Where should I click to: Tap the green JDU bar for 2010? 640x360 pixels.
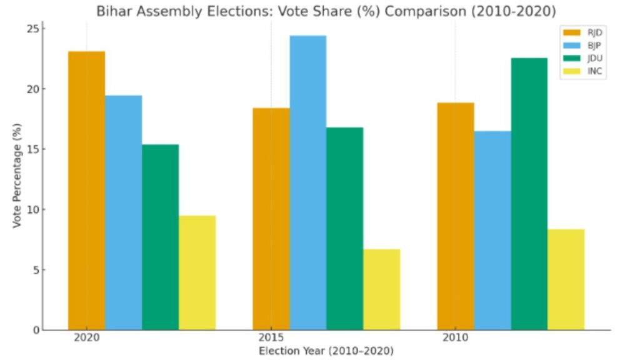coord(529,194)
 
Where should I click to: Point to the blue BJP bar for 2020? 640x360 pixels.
coord(123,212)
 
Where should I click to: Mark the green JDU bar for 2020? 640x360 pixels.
coord(160,237)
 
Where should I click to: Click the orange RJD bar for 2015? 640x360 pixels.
coord(271,219)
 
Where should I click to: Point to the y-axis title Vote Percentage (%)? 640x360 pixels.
coord(17,176)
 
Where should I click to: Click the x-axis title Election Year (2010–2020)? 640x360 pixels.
coord(326,351)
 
